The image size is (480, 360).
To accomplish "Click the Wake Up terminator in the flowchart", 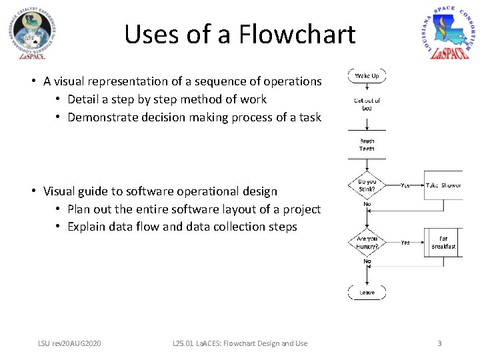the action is pos(367,76).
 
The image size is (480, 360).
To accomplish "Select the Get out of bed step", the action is pos(367,103).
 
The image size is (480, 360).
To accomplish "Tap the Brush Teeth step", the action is pos(367,145).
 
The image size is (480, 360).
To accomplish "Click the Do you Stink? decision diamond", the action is pos(367,185).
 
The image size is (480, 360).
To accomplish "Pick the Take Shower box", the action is pos(443,185).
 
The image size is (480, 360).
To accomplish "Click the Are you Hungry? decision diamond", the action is pos(367,242).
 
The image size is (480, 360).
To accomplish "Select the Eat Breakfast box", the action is pos(443,242).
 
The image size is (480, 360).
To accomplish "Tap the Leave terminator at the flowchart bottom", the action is pos(367,292).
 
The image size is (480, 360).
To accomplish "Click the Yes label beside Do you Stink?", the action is pos(405,186).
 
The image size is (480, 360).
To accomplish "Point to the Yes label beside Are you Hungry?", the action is pos(405,243).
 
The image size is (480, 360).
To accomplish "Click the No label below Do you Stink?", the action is pos(367,205).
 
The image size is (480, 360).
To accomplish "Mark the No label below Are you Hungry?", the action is pos(367,261).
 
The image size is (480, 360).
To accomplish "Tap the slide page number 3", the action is pos(439,343).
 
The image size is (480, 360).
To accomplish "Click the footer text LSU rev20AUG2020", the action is pos(69,343).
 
